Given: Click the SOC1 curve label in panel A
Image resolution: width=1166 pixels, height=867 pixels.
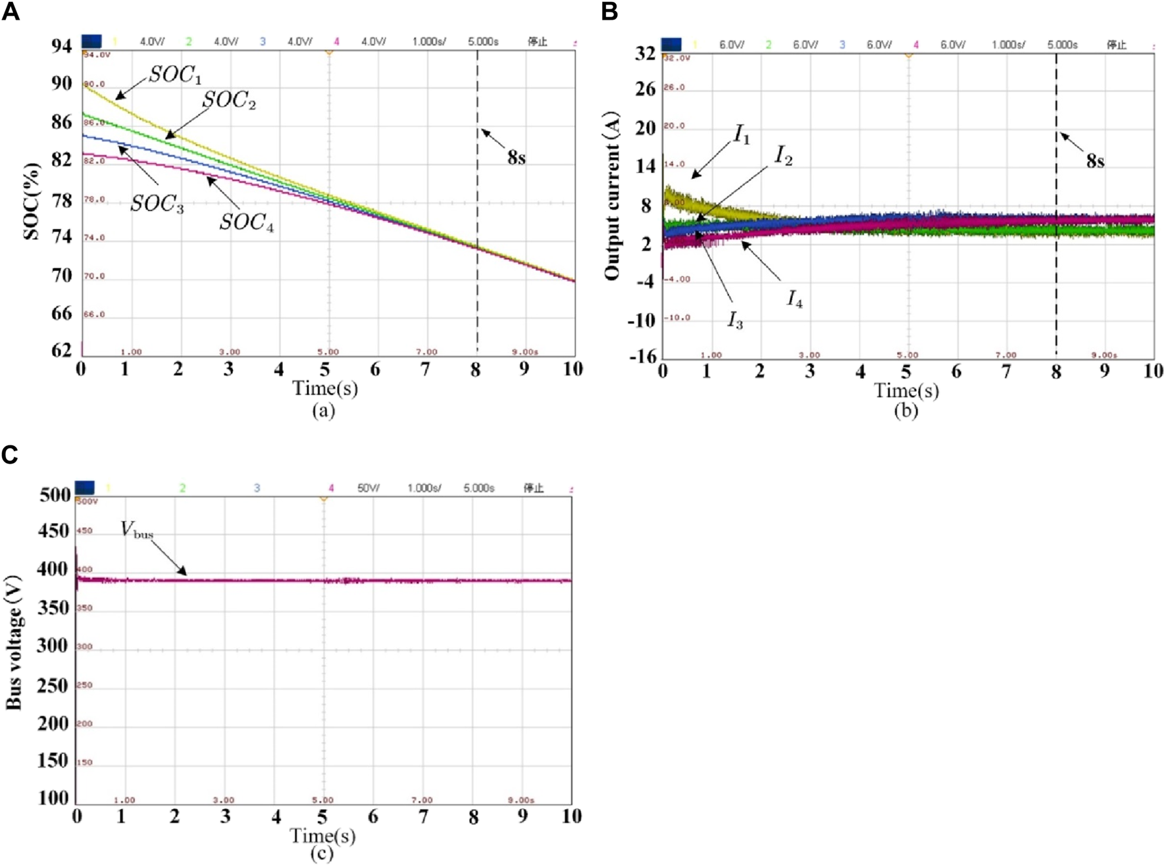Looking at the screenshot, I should coord(174,75).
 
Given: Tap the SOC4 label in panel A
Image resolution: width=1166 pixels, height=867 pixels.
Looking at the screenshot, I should coord(246,222).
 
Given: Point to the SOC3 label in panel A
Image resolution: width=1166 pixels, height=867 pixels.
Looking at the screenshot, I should coord(157,204).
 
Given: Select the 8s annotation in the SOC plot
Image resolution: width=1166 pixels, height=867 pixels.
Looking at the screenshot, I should coord(516,158).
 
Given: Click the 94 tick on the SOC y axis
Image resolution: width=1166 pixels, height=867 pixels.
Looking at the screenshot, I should coord(62,46).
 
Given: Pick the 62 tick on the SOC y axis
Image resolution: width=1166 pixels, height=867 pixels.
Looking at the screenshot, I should coord(62,350).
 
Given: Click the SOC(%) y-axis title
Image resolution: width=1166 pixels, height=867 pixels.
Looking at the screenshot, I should coord(32,201).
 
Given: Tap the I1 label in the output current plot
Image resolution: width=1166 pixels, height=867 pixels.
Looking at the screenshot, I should coord(742,135).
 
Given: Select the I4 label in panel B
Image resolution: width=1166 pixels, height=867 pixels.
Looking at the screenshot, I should coord(795,299).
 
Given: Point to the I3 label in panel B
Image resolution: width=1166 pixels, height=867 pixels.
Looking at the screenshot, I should coord(735,320).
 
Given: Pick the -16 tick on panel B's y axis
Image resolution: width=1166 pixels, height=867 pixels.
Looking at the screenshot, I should coord(642,356).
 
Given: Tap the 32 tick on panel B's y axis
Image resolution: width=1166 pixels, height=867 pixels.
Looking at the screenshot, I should coord(645,54).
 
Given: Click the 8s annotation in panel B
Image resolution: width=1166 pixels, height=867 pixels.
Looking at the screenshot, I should coord(1095,161).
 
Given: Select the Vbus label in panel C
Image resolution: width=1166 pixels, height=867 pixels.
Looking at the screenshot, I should coord(136,530).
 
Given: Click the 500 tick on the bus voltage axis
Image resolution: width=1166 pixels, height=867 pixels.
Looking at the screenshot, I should coord(55,495).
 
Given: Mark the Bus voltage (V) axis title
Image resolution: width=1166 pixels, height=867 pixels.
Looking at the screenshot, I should coord(13,643).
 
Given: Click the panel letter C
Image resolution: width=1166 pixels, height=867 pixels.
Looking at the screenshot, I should coord(9,455).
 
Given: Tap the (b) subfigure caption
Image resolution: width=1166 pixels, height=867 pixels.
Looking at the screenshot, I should coord(905,410).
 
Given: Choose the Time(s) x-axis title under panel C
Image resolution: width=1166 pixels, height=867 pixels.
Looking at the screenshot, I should coord(322,835).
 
